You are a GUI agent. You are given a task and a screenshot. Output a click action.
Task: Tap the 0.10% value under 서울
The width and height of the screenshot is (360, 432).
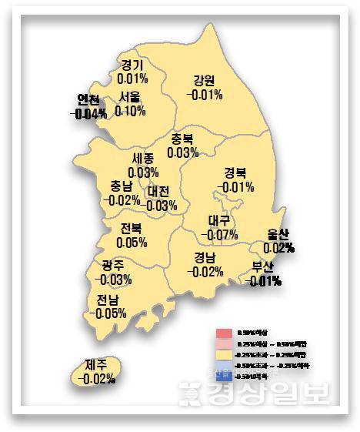coord(130,111)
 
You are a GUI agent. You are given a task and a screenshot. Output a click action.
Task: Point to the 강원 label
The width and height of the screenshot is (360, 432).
coord(205,80)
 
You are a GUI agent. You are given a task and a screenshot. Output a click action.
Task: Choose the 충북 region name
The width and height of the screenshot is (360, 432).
coord(182,139)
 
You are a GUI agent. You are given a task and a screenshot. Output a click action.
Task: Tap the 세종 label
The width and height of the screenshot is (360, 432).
coord(144,158)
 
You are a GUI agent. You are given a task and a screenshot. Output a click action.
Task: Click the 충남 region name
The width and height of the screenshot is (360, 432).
coord(121,186)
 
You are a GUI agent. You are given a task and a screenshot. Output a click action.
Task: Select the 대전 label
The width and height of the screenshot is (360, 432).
coord(162,191)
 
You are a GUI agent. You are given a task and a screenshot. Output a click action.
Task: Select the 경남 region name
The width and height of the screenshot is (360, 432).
coord(205,257)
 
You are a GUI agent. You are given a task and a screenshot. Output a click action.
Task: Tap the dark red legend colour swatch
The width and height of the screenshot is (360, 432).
coord(223,333)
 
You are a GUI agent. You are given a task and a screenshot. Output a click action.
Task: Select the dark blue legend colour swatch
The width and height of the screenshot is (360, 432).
coord(223,376)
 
